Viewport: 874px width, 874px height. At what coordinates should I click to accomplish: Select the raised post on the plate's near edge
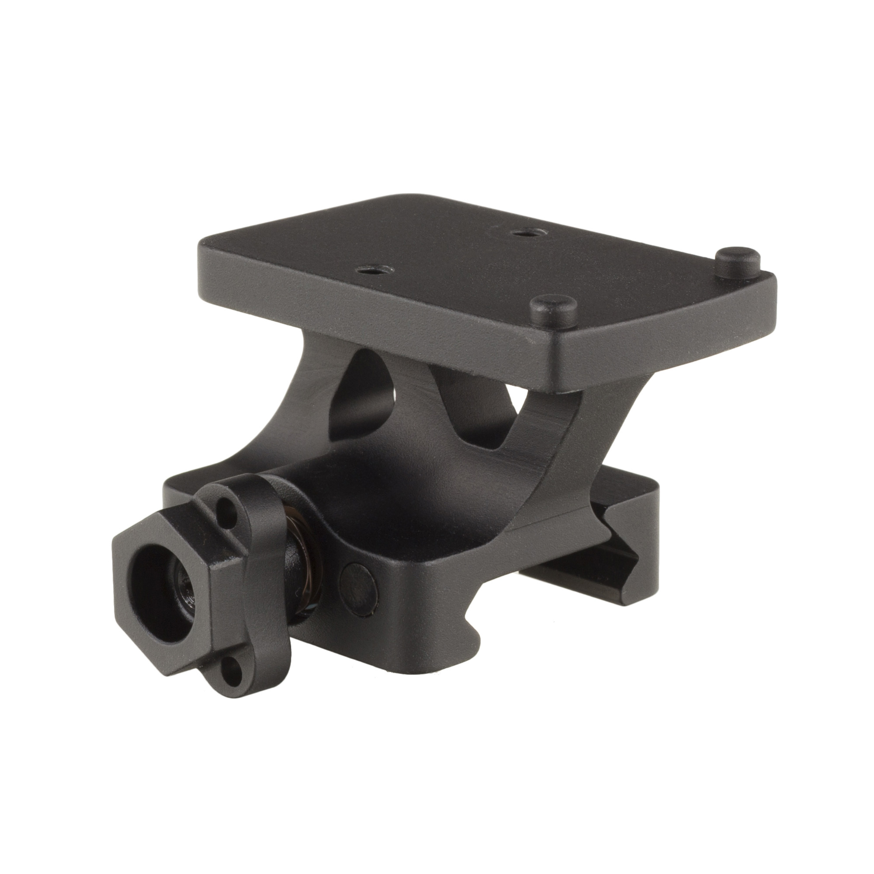554,309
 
